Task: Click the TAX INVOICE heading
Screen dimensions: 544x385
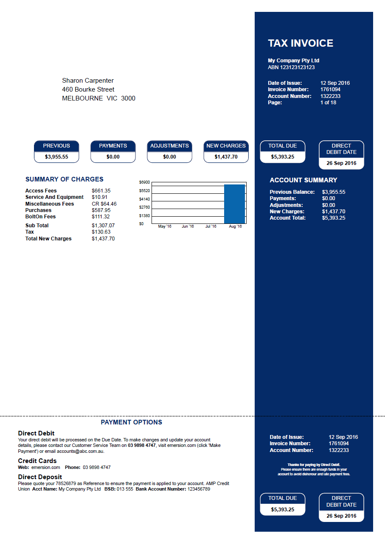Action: click(x=301, y=43)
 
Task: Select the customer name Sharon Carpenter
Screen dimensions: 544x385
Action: click(x=88, y=81)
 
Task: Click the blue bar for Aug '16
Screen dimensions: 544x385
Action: click(x=234, y=204)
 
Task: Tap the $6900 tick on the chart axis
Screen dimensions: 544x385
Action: click(x=144, y=182)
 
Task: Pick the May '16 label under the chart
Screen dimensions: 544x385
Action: click(x=165, y=226)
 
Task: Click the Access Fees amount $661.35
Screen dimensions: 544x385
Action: click(x=101, y=191)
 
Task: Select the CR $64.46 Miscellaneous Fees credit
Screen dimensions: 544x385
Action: click(x=104, y=204)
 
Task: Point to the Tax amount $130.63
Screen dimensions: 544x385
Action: click(x=101, y=232)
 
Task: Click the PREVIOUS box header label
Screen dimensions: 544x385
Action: click(x=56, y=146)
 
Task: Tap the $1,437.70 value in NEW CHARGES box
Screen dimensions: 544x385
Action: click(x=226, y=157)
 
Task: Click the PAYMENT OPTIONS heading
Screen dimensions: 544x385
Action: click(x=131, y=422)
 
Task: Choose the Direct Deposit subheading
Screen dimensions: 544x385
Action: click(x=40, y=477)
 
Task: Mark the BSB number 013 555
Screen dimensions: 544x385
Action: click(x=125, y=489)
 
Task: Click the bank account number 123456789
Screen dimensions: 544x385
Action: click(x=199, y=489)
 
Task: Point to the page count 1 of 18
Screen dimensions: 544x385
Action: click(x=328, y=103)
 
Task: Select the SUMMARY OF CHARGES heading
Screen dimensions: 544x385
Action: click(x=64, y=179)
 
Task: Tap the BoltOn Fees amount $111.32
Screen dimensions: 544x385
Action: click(x=101, y=217)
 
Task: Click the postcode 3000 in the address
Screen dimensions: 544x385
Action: click(x=128, y=98)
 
